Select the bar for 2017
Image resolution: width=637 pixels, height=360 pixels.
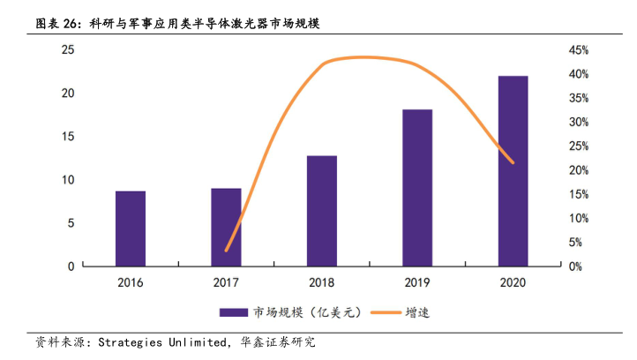click(226, 227)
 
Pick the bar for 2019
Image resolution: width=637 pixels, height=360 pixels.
click(417, 187)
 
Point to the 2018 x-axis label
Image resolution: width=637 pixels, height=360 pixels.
click(322, 282)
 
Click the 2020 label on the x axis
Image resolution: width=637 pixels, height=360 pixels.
click(513, 282)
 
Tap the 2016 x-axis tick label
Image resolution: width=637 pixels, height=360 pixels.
click(131, 282)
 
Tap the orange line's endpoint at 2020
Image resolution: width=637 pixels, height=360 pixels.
click(513, 162)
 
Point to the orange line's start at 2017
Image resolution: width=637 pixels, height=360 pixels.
click(226, 251)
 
